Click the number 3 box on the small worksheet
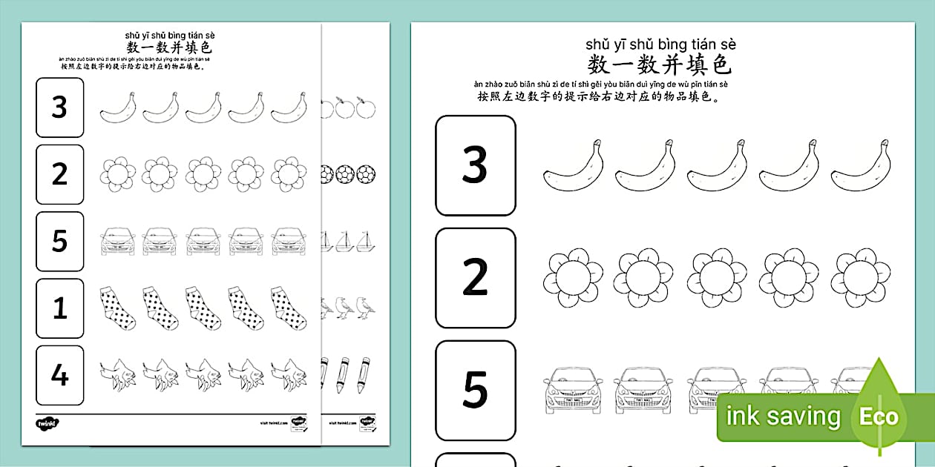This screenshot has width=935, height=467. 59,107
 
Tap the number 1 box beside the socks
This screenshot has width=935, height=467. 59,308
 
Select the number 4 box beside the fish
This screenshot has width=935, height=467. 59,374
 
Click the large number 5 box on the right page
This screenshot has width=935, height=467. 475,390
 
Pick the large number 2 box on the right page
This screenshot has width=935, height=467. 475,277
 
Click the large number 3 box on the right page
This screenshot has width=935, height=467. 475,165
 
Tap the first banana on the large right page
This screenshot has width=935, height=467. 571,165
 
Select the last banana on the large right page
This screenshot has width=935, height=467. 861,165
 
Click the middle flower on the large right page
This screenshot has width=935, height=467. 716,277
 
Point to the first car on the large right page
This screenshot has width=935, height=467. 571,388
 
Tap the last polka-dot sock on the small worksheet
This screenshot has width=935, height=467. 288,308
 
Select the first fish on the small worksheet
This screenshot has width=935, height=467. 117,374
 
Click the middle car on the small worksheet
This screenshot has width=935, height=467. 203,241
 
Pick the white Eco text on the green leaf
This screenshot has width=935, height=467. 879,417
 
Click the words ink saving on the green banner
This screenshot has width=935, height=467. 783,417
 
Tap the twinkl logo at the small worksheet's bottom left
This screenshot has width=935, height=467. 46,424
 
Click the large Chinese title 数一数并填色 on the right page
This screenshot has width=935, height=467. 660,64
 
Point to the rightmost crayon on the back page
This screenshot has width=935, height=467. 364,374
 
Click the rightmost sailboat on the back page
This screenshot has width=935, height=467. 364,241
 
